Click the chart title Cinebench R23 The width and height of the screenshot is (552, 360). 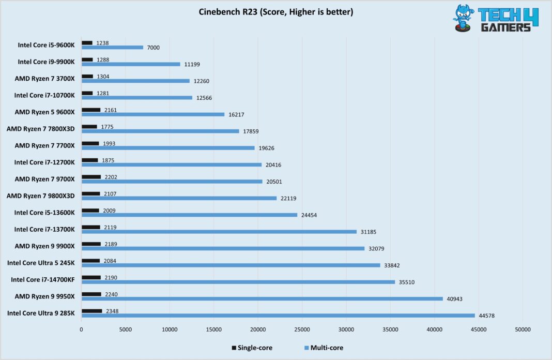click(276, 12)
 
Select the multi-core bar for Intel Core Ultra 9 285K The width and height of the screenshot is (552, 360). click(278, 316)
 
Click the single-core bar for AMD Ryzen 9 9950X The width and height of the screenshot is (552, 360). click(91, 294)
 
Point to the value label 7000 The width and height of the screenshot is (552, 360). click(154, 48)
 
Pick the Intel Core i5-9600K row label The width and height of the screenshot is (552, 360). click(46, 45)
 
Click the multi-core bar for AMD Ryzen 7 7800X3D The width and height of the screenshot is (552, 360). click(160, 131)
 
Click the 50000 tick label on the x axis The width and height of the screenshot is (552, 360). click(523, 329)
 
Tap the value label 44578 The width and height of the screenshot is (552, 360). click(488, 316)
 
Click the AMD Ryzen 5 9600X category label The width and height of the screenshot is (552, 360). click(45, 112)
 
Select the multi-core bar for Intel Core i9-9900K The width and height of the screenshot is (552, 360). click(131, 64)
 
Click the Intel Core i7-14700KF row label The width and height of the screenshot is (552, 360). click(43, 279)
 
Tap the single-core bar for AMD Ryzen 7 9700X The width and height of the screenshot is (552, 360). click(91, 177)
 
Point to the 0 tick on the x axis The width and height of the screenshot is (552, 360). click(81, 329)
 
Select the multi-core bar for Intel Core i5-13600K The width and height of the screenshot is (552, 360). click(189, 215)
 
